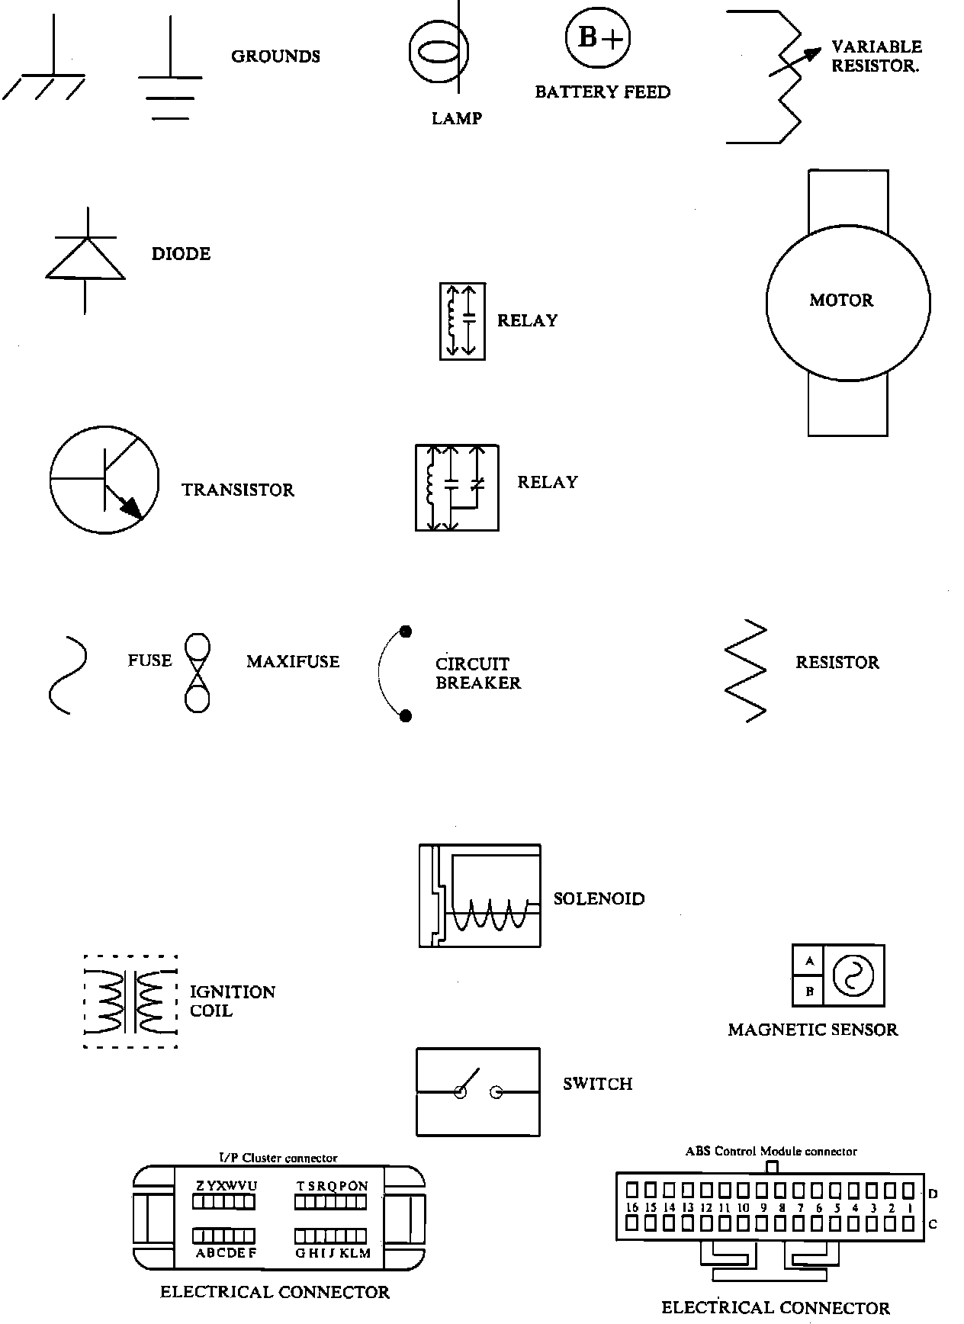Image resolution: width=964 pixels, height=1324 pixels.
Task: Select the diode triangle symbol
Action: (x=85, y=259)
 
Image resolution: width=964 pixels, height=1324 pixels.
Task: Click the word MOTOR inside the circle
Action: (x=841, y=300)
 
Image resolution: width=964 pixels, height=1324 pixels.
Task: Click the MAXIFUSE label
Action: (x=293, y=662)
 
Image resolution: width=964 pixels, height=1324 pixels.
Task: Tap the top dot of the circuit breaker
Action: (x=406, y=631)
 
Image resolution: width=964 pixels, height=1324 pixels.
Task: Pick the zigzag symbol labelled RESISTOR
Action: (x=745, y=670)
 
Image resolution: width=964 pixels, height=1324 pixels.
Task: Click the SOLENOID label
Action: (x=599, y=899)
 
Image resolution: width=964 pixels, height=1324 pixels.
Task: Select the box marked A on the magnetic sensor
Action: (x=809, y=961)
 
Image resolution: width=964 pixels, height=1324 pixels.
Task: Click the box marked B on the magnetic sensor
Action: (x=809, y=991)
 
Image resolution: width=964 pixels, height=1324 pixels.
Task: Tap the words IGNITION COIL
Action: (x=231, y=1001)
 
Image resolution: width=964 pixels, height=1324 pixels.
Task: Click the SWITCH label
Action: (x=597, y=1084)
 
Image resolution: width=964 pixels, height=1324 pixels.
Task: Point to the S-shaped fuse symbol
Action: (x=68, y=674)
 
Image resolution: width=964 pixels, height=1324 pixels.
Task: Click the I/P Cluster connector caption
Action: (x=278, y=1158)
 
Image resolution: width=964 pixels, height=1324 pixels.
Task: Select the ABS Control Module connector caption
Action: (x=771, y=1151)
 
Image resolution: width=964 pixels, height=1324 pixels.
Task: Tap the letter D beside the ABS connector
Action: (x=933, y=1194)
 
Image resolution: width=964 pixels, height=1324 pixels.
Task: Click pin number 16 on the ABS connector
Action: (x=631, y=1208)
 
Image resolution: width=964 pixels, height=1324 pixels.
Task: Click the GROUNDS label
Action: (x=275, y=56)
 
